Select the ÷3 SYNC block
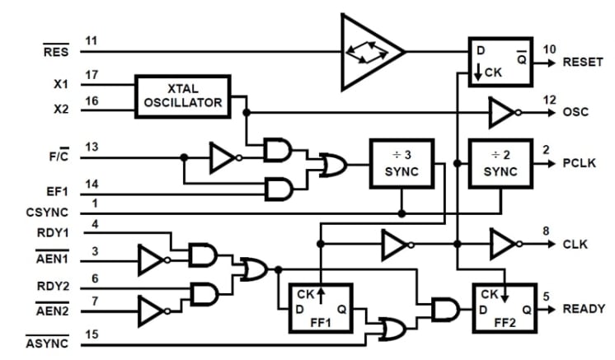pos(401,163)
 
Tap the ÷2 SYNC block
pos(500,163)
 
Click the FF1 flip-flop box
pos(320,307)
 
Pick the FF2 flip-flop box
pos(502,307)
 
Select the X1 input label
pos(62,84)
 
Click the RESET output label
pos(584,63)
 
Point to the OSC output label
pos(576,112)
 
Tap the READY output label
pos(584,309)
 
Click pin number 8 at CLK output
pos(545,231)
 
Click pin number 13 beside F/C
pos(92,147)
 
